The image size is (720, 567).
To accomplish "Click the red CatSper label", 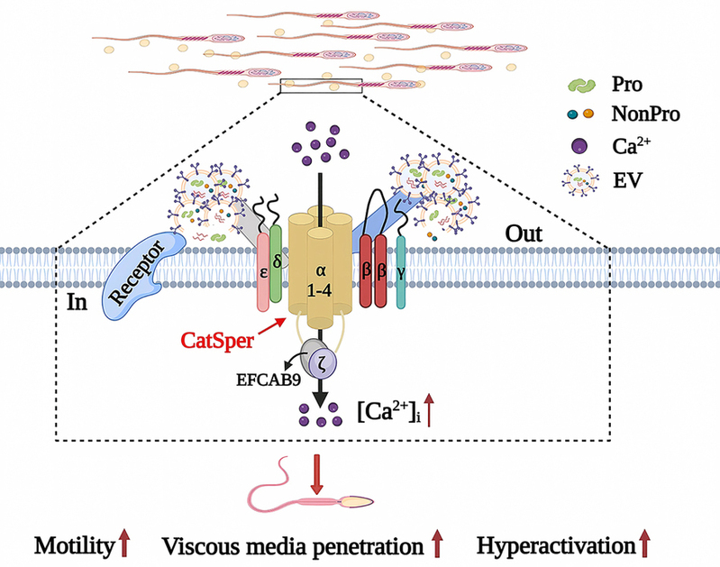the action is tap(217, 341).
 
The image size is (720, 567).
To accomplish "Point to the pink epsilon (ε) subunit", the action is tap(263, 271).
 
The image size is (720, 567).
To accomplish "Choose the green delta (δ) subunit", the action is tap(276, 263).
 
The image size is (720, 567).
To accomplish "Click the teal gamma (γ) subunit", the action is tap(401, 272).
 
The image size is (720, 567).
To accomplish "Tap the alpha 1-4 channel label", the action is tap(320, 280).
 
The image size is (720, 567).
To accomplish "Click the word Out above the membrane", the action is tap(524, 233).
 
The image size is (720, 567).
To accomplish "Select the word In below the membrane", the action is tap(77, 302).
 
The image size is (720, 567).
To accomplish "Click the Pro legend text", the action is tap(627, 84).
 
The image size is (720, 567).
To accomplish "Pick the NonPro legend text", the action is tap(645, 114).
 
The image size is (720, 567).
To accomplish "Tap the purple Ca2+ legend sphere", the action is tap(579, 146).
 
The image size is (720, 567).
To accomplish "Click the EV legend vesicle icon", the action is tap(580, 180).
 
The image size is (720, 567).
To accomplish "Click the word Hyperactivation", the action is tap(556, 545).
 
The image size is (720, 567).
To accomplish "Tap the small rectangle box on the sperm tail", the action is tap(321, 86).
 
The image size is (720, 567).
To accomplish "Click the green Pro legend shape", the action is tap(582, 85).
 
